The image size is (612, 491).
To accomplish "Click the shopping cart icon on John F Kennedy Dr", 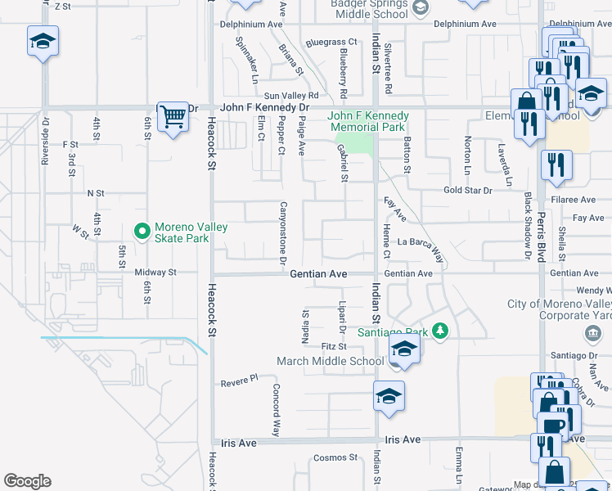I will point(173,116).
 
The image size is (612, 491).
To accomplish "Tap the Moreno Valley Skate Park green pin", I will point(142,232).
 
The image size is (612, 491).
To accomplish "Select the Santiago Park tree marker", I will point(442,331).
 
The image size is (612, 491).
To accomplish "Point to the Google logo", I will point(27,481).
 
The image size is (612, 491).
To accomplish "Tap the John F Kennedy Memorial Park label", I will point(367,121).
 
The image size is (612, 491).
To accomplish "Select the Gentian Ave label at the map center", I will point(319,274).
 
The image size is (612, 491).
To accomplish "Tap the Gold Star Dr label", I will point(467,191).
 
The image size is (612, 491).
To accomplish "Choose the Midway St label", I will point(155,273).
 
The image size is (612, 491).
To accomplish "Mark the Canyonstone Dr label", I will point(283,233).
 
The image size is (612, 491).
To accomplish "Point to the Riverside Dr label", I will point(46,143).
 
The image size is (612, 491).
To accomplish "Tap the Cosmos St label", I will point(335,457).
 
